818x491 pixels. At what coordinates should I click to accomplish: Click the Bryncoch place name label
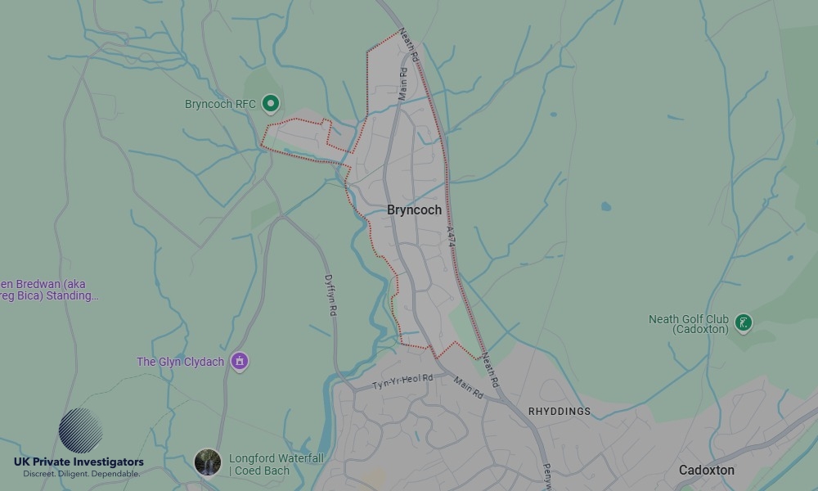[414, 210]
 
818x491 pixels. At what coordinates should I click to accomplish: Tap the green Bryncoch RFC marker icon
[272, 104]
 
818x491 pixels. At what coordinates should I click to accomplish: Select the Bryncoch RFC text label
[220, 104]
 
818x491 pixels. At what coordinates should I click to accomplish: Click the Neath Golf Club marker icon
[743, 323]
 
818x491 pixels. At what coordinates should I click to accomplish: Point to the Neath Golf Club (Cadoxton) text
[688, 324]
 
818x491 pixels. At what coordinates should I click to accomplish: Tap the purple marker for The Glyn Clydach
[239, 361]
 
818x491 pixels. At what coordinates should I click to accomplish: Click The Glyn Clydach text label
[180, 362]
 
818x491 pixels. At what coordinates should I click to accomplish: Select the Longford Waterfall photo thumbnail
[207, 462]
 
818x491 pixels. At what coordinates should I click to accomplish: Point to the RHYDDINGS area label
[560, 412]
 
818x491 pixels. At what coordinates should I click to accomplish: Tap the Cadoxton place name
[706, 471]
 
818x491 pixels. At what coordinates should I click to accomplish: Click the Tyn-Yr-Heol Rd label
[402, 381]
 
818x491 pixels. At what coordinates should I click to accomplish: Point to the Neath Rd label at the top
[409, 47]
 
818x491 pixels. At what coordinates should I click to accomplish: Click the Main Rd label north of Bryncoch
[402, 83]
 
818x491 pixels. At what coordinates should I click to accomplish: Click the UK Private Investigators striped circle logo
[80, 430]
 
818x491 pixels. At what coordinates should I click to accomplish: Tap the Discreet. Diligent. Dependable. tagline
[80, 474]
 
